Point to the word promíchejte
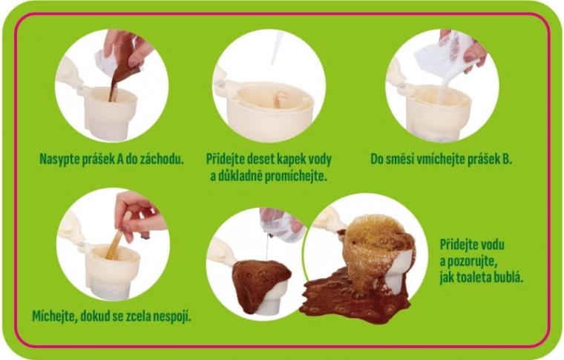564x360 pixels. click(x=296, y=177)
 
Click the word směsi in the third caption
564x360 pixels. click(x=400, y=159)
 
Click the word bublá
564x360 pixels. click(x=509, y=278)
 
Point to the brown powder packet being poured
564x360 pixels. click(x=122, y=61)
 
